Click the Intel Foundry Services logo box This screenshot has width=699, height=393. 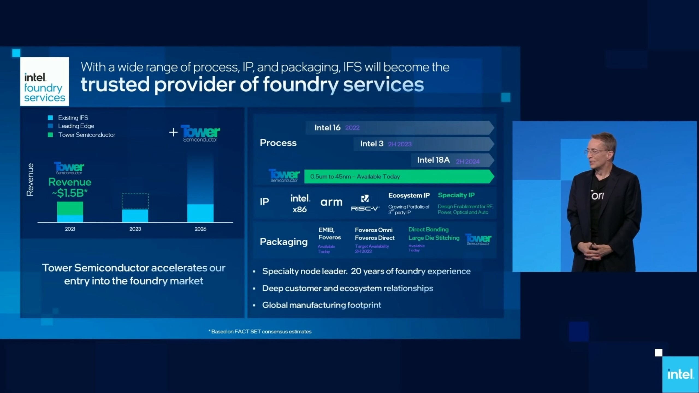45,81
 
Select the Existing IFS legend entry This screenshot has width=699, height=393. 68,118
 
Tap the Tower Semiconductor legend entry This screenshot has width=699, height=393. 81,135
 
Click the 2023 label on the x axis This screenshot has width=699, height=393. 135,229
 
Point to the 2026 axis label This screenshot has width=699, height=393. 200,229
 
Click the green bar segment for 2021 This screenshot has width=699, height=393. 70,208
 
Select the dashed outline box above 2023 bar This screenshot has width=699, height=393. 135,201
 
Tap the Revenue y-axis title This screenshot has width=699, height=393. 30,180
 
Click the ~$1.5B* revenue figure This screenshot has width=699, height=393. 70,193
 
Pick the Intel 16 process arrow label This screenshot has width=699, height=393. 327,127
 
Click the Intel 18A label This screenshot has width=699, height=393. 433,160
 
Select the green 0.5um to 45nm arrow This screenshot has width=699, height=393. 399,177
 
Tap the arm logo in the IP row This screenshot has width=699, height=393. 331,202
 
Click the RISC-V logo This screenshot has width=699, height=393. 365,203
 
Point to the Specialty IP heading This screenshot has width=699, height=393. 456,195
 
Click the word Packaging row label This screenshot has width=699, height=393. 284,242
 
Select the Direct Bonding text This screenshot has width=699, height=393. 428,230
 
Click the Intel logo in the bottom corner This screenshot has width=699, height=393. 680,374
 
